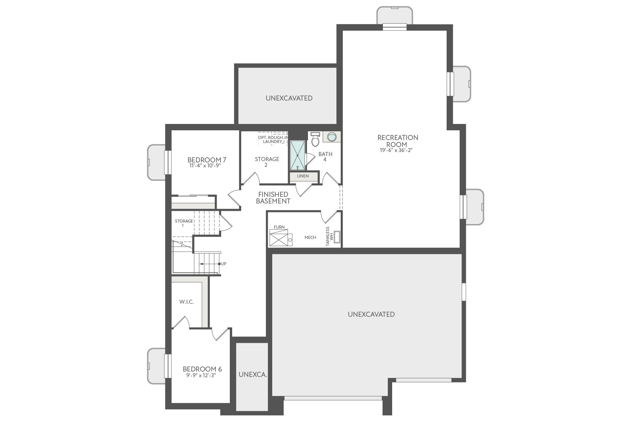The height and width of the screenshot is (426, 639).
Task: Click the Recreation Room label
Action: pyautogui.click(x=397, y=141)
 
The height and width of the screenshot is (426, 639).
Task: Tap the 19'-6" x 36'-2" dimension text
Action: pyautogui.click(x=396, y=150)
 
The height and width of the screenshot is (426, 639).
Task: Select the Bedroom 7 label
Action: pyautogui.click(x=204, y=160)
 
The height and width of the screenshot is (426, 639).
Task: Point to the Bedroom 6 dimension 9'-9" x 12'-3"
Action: pyautogui.click(x=201, y=375)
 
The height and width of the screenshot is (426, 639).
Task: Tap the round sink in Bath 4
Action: pyautogui.click(x=332, y=137)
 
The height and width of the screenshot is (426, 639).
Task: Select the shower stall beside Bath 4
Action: pyautogui.click(x=298, y=155)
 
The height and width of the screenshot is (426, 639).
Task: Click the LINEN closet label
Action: pyautogui.click(x=303, y=176)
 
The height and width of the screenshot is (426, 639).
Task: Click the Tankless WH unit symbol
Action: pyautogui.click(x=337, y=237)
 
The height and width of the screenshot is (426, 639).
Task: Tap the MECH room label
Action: pyautogui.click(x=310, y=238)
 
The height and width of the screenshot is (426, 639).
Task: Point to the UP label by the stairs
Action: pyautogui.click(x=223, y=264)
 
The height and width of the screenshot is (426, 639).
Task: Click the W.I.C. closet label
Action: pyautogui.click(x=186, y=302)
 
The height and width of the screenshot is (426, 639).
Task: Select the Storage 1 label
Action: pyautogui.click(x=184, y=223)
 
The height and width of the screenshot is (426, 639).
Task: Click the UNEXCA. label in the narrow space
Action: pyautogui.click(x=253, y=375)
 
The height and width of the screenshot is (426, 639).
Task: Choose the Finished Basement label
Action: pyautogui.click(x=273, y=197)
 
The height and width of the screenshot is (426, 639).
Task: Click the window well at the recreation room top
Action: pyautogui.click(x=394, y=15)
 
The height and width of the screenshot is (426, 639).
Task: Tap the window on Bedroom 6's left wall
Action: pyautogui.click(x=167, y=366)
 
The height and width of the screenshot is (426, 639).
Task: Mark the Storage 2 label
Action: pyautogui.click(x=267, y=162)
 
